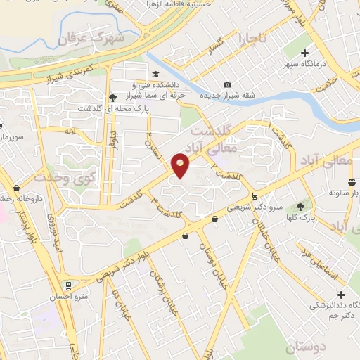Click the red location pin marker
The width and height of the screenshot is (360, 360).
tap(181, 166)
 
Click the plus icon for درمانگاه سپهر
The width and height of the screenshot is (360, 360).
tap(305, 53)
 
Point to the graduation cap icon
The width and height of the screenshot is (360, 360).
tap(155, 74)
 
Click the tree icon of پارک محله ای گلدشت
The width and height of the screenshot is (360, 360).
tap(112, 98)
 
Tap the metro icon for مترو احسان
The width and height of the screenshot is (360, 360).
tap(69, 285)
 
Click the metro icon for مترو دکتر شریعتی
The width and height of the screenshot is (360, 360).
tap(254, 196)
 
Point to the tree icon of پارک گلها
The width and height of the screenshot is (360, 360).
tap(301, 207)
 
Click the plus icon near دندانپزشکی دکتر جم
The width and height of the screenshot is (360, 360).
tap(342, 295)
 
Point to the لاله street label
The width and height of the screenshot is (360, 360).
tap(70, 131)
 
